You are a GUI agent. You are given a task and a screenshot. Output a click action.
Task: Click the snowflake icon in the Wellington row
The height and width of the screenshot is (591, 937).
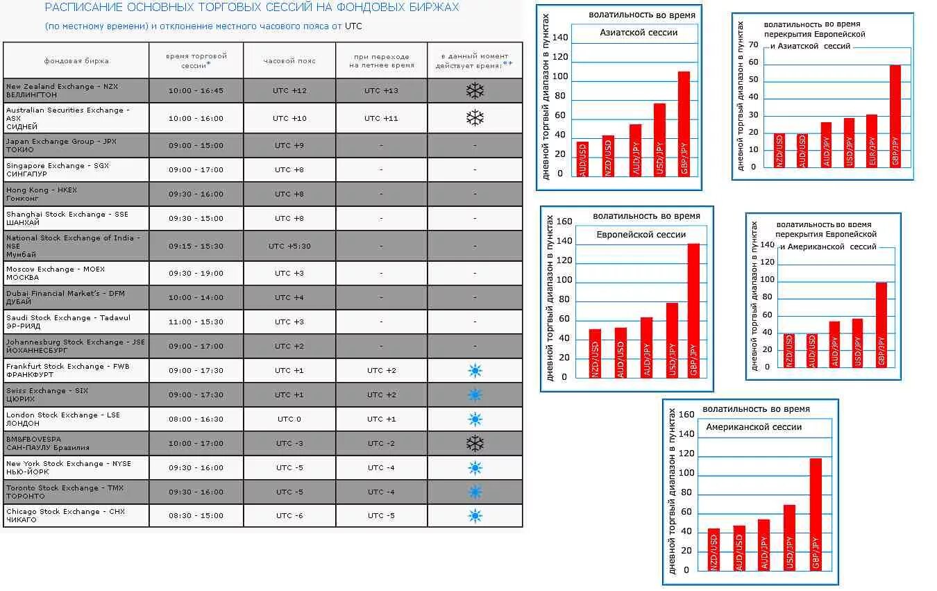coord(475,91)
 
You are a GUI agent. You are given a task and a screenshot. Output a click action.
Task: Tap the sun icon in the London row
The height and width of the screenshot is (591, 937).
coord(475,419)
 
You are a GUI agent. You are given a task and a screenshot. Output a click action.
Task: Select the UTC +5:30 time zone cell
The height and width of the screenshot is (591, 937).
coord(289,246)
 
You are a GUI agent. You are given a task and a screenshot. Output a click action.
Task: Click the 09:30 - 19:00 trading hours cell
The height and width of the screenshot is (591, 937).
coord(196,273)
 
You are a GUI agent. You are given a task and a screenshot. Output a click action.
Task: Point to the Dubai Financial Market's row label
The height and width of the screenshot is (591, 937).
coord(66,297)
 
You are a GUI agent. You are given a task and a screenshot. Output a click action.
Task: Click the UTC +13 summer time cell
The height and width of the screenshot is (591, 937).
coord(381,91)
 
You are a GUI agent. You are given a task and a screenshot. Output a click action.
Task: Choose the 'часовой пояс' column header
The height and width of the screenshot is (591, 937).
coord(289,60)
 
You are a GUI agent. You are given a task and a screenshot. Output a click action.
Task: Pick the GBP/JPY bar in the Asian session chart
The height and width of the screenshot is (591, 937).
coord(684,123)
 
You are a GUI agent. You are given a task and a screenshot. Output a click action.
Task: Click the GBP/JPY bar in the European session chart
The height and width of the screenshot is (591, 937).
coord(693,310)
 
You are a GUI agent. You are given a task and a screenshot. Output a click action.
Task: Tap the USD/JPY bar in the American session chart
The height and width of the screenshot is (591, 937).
coord(789,538)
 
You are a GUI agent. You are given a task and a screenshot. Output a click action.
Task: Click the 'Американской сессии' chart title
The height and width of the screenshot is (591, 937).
coord(754,427)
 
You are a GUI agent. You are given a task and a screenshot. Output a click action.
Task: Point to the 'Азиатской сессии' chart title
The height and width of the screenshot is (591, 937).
coord(639,32)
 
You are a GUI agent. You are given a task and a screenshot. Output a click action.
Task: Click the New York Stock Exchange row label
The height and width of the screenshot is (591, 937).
coord(69,467)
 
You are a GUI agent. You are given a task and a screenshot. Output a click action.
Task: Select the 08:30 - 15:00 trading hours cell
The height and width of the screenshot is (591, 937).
coord(196,515)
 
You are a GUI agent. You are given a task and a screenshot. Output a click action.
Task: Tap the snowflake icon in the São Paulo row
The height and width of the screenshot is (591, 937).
coord(475,443)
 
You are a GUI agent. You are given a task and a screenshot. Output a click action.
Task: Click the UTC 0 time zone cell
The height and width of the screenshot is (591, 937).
coord(289,419)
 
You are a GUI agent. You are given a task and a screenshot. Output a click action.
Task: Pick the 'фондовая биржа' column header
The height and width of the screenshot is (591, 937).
coord(76,60)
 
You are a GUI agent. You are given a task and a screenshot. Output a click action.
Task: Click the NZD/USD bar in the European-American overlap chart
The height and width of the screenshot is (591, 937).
coord(788,350)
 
